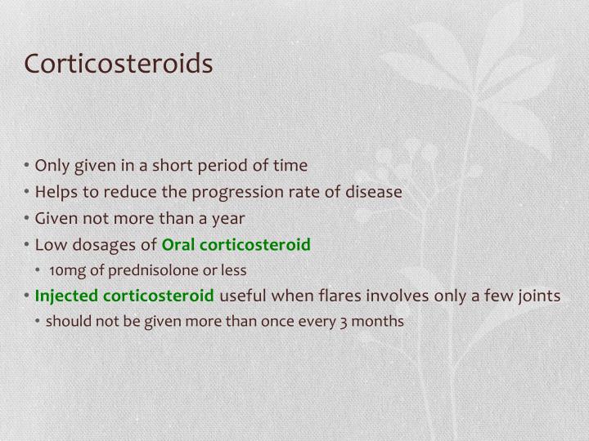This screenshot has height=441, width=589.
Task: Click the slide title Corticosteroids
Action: coord(119,64)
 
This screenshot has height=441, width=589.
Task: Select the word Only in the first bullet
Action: coord(52,166)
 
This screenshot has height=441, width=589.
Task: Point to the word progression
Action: coord(232,193)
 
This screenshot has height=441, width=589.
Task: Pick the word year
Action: coord(228,219)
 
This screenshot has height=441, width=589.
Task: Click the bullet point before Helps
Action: coord(29,193)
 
